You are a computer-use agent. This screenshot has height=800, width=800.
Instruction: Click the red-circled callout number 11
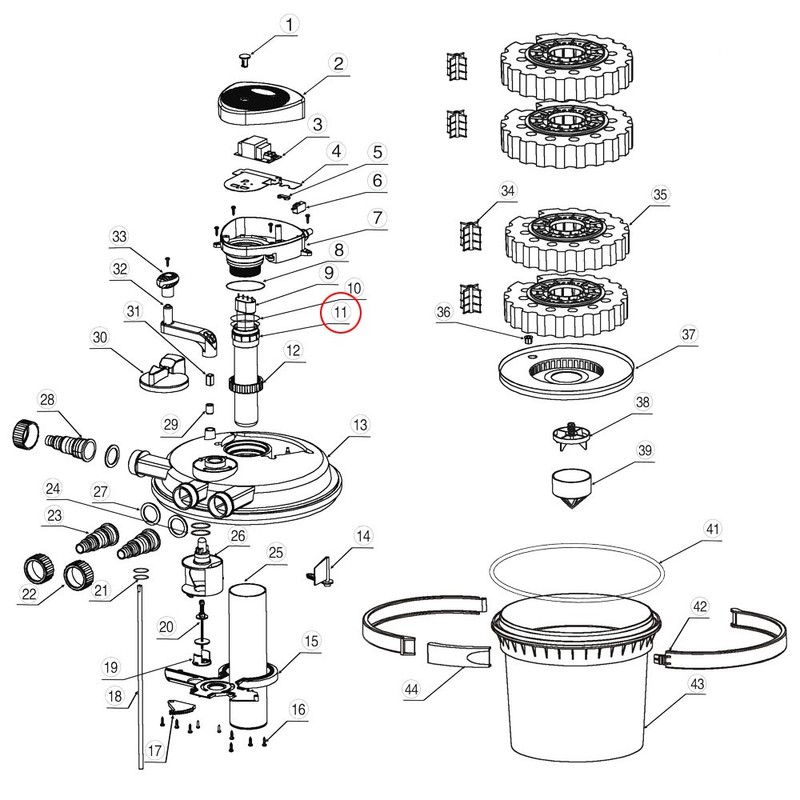pyautogui.click(x=341, y=312)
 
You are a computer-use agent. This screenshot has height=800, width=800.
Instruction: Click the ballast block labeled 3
pyautogui.click(x=259, y=149)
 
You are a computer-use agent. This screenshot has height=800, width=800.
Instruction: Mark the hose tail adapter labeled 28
pyautogui.click(x=71, y=437)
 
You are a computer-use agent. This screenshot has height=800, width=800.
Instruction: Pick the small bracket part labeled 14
pyautogui.click(x=319, y=571)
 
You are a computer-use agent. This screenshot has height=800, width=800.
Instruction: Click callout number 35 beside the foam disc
pyautogui.click(x=659, y=193)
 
